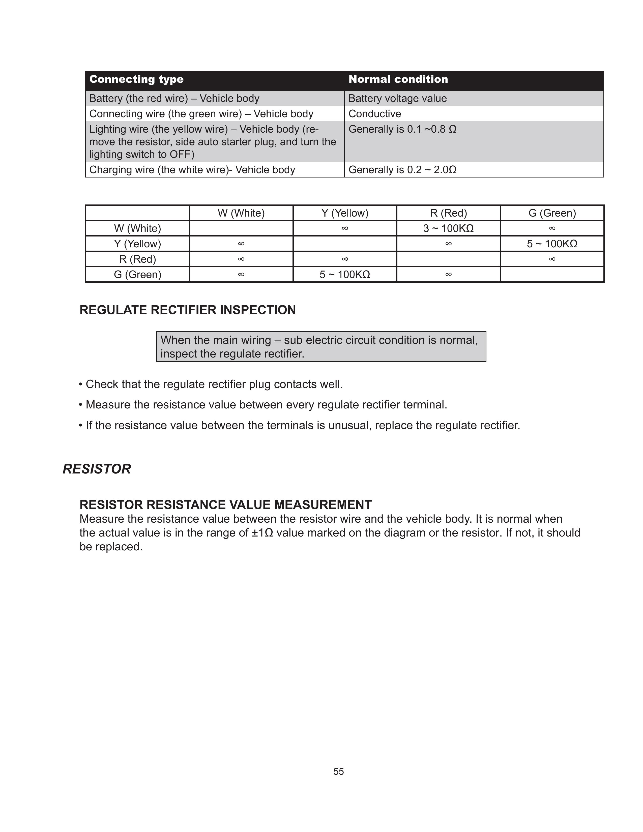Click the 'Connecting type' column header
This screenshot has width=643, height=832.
point(136,79)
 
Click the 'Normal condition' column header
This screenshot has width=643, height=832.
point(398,79)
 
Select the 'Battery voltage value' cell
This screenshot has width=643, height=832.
point(397,98)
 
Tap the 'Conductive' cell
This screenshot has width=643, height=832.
point(374,113)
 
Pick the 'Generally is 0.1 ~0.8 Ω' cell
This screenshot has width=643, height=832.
point(402,129)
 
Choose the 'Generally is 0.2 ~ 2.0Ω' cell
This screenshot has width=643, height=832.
point(402,169)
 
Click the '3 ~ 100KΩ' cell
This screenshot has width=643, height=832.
point(448,228)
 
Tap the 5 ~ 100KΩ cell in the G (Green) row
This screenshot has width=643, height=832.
point(345,274)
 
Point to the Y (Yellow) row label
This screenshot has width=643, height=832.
point(137,244)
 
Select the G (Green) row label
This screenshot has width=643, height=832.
point(137,274)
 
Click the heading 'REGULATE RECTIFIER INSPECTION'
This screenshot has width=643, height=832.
point(187,310)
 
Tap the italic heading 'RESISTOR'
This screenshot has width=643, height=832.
point(97,469)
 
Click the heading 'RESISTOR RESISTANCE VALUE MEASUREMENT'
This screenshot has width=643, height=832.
point(225,504)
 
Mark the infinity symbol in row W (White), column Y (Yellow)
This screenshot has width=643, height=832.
point(345,228)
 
